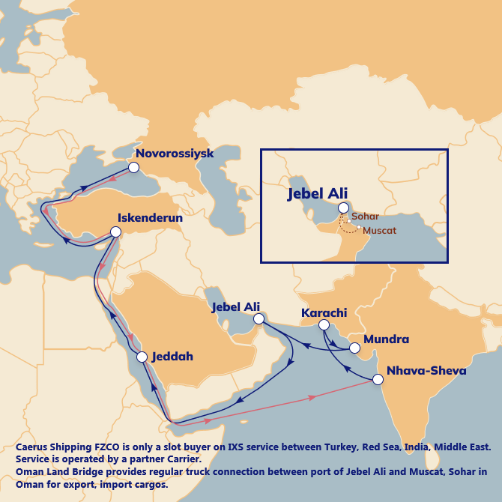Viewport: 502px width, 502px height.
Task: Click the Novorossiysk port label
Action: tap(175, 154)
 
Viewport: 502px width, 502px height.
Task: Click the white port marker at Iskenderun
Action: tap(116, 233)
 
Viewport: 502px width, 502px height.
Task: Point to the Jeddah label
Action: tap(172, 357)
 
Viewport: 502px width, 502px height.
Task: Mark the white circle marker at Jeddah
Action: tap(142, 357)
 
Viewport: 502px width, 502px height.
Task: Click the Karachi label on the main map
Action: tap(324, 312)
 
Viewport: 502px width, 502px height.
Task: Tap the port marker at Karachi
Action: tap(323, 325)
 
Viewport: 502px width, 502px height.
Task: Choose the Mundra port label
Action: tap(386, 339)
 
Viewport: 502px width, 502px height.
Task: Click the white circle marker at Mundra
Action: tap(354, 348)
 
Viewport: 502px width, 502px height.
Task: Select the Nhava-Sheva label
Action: tap(426, 371)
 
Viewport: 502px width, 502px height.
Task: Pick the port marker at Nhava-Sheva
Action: tap(378, 379)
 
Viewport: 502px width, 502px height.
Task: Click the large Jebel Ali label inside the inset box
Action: tap(318, 193)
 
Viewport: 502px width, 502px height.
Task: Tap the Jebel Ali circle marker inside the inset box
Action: tap(343, 208)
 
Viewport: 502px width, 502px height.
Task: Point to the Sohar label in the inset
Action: tap(366, 217)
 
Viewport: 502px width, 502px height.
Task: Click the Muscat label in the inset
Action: tap(379, 231)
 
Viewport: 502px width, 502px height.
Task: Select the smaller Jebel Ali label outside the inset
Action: tap(236, 307)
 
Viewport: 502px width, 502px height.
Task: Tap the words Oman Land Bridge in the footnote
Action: tap(51, 473)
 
